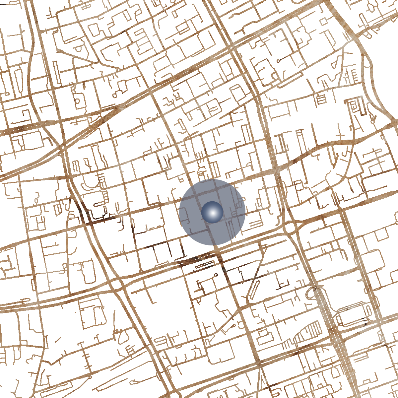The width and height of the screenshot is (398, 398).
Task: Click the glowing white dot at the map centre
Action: [x=212, y=212]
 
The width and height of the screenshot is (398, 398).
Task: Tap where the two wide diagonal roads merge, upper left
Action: [x=61, y=148]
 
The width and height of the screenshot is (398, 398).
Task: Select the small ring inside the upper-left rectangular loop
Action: [x=78, y=100]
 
